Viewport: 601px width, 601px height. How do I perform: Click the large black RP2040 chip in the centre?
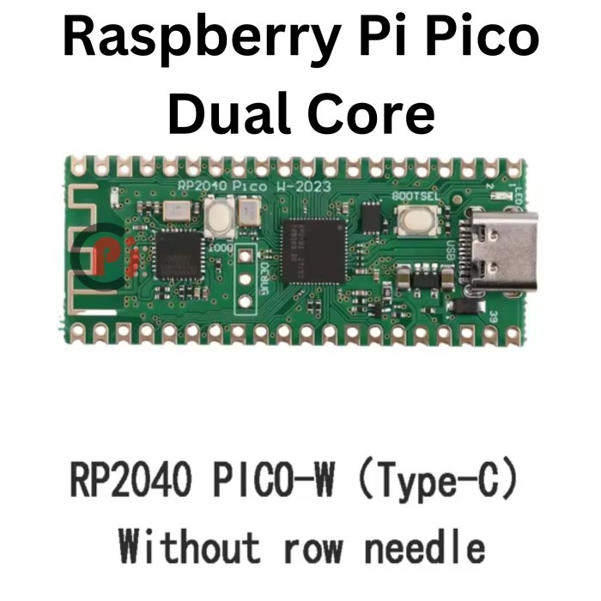tap(312, 250)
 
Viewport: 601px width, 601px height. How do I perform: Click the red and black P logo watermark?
tap(99, 255)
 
